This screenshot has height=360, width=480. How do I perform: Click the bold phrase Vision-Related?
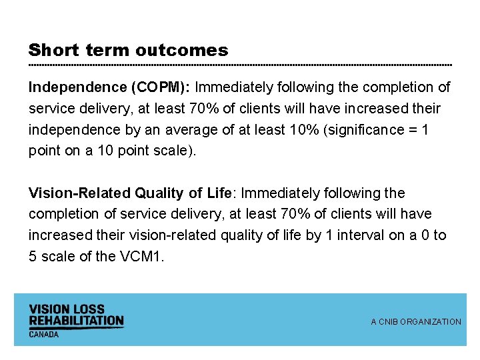80,193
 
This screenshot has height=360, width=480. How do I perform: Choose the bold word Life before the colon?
218,193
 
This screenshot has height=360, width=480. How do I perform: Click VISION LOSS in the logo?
67,309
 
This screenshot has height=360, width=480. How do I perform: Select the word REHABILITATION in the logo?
76,321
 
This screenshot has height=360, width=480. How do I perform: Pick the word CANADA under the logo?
44,334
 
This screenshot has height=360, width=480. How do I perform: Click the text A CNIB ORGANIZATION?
416,322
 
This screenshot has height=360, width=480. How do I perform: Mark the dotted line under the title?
240,65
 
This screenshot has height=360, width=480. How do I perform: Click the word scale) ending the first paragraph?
175,151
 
